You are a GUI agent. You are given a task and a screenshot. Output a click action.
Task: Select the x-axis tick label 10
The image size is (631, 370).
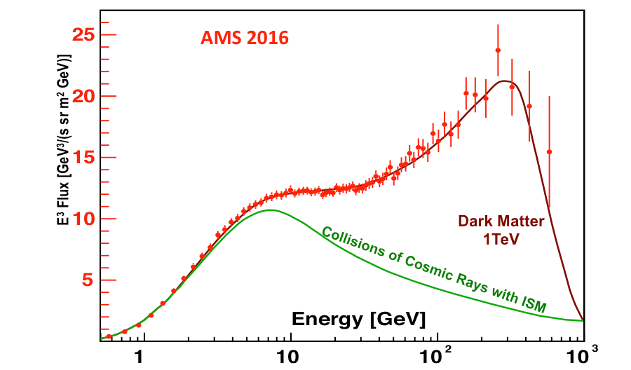pyautogui.click(x=289, y=355)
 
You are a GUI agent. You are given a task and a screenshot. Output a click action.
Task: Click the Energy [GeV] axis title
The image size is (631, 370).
pyautogui.click(x=358, y=320)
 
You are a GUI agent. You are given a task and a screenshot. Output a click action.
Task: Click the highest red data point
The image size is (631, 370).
pyautogui.click(x=498, y=50)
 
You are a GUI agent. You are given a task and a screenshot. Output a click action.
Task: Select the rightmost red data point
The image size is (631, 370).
pyautogui.click(x=549, y=151)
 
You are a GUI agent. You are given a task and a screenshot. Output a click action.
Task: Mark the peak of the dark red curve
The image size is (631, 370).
pyautogui.click(x=503, y=81)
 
